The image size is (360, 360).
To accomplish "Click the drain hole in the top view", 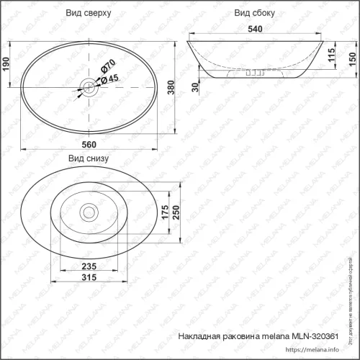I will (88, 88).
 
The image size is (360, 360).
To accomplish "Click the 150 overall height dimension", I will (351, 59).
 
